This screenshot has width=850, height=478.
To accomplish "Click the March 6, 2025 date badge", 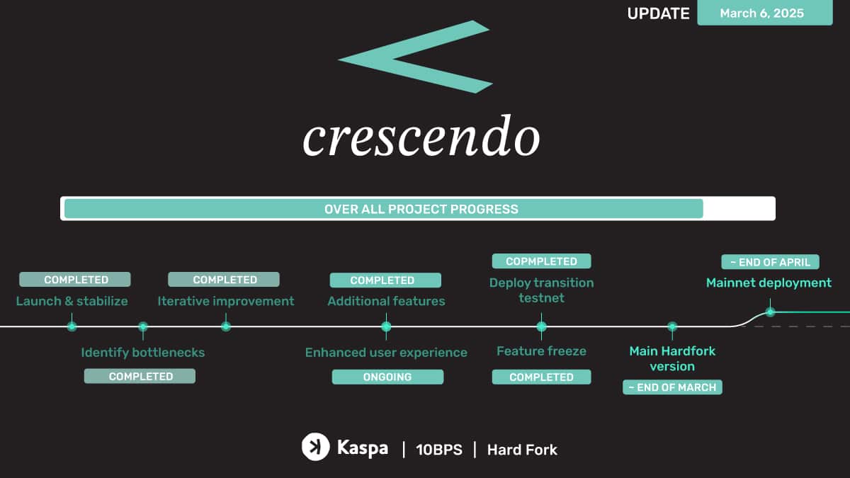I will click(764, 13).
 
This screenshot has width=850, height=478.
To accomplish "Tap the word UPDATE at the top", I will click(658, 13).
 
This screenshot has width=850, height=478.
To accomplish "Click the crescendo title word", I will click(421, 137).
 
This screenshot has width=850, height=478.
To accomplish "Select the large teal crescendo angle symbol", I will click(414, 57).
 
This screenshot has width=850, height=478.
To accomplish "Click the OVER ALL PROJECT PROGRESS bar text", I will click(421, 209).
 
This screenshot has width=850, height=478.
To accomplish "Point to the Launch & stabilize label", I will click(72, 301).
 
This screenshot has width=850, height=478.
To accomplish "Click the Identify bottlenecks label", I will click(142, 352).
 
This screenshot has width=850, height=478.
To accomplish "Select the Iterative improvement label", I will click(225, 301).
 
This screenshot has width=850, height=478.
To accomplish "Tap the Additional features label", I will click(386, 301).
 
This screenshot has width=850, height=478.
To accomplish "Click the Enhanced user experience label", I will click(386, 352).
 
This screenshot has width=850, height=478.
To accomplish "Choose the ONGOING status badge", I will click(387, 377).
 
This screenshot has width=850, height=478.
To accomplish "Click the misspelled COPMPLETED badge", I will click(541, 261).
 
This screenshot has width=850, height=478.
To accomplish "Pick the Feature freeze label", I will click(541, 351).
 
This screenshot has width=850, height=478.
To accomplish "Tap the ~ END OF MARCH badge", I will click(672, 387).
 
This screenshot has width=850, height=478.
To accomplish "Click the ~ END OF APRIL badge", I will click(770, 262).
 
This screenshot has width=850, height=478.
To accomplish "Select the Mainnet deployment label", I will click(769, 283).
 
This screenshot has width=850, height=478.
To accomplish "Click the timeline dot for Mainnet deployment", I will click(770, 312).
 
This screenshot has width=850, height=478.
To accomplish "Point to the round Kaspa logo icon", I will click(315, 447).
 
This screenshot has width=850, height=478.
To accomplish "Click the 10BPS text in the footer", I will click(438, 450).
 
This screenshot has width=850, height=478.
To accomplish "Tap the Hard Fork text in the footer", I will click(522, 450).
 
